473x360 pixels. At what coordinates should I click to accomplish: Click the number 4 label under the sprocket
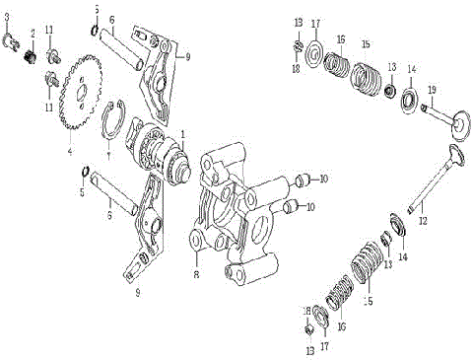click(70, 151)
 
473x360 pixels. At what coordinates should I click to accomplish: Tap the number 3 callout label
click(7, 17)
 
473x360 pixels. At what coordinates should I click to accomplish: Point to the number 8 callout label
click(196, 262)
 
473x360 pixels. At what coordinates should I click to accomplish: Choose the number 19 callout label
click(432, 91)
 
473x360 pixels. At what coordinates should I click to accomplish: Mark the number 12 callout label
click(423, 221)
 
